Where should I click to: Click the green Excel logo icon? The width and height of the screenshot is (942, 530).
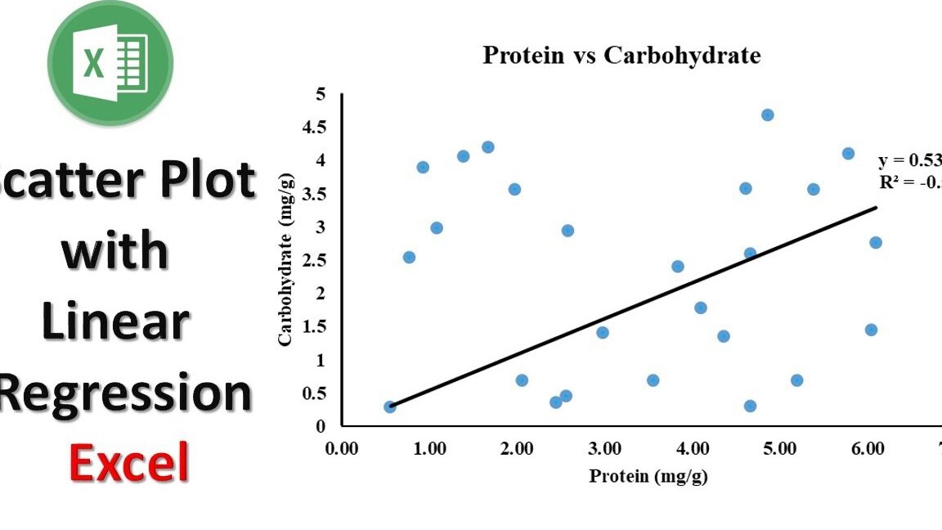(x=110, y=63)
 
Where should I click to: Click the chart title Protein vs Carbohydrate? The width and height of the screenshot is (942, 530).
(x=621, y=56)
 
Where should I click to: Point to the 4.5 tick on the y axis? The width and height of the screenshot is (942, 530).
(x=313, y=127)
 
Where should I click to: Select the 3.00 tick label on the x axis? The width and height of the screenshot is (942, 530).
(x=604, y=448)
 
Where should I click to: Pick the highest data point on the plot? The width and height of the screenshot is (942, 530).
(x=767, y=115)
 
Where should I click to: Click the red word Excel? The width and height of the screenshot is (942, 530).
(x=128, y=461)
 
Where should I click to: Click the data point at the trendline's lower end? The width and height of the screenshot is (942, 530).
(x=390, y=406)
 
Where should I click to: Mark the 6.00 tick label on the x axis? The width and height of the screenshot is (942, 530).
(x=867, y=448)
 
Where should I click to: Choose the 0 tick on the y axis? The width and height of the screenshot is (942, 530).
(x=321, y=426)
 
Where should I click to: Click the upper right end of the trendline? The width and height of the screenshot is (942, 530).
(x=876, y=207)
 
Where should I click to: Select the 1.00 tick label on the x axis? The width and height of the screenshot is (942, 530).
(x=429, y=448)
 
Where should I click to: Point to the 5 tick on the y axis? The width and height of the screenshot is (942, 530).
(x=321, y=94)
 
